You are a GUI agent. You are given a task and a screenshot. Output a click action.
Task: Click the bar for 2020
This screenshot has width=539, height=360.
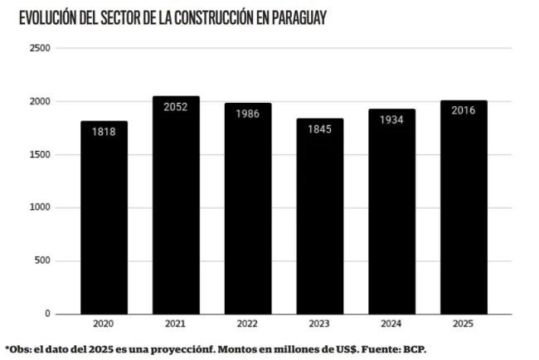(x=104, y=220)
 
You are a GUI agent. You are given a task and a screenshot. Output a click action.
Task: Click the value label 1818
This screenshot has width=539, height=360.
(x=104, y=132)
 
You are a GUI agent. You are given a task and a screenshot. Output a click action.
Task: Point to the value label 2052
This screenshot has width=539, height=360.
(x=176, y=107)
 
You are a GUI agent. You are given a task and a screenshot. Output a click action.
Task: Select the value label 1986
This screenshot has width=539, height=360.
(x=247, y=114)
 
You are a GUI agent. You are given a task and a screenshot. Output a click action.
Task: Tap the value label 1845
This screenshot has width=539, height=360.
(x=319, y=129)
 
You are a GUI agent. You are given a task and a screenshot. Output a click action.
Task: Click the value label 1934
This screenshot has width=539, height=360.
(x=391, y=119)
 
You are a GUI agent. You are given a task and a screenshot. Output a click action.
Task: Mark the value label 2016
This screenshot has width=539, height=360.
(x=464, y=110)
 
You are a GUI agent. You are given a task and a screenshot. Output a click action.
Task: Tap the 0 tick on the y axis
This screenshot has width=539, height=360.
(x=47, y=314)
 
